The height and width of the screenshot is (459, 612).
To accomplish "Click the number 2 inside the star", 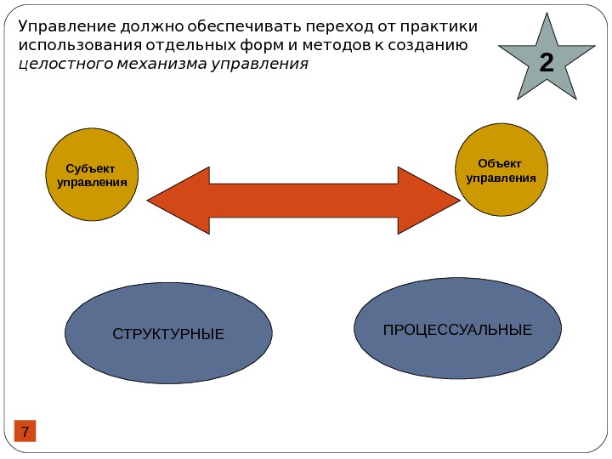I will pyautogui.click(x=545, y=62).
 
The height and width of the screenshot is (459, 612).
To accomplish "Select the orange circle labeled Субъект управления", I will pyautogui.click(x=92, y=175).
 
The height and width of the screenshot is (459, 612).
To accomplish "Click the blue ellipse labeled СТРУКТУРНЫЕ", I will pyautogui.click(x=168, y=334).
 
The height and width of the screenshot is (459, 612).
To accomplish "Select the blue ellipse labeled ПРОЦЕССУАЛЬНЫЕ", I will pyautogui.click(x=457, y=329).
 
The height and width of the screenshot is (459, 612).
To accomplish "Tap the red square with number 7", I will pyautogui.click(x=25, y=432).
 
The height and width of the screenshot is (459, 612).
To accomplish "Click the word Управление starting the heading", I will pyautogui.click(x=62, y=26).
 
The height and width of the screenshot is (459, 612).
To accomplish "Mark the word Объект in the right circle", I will pyautogui.click(x=500, y=163).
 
